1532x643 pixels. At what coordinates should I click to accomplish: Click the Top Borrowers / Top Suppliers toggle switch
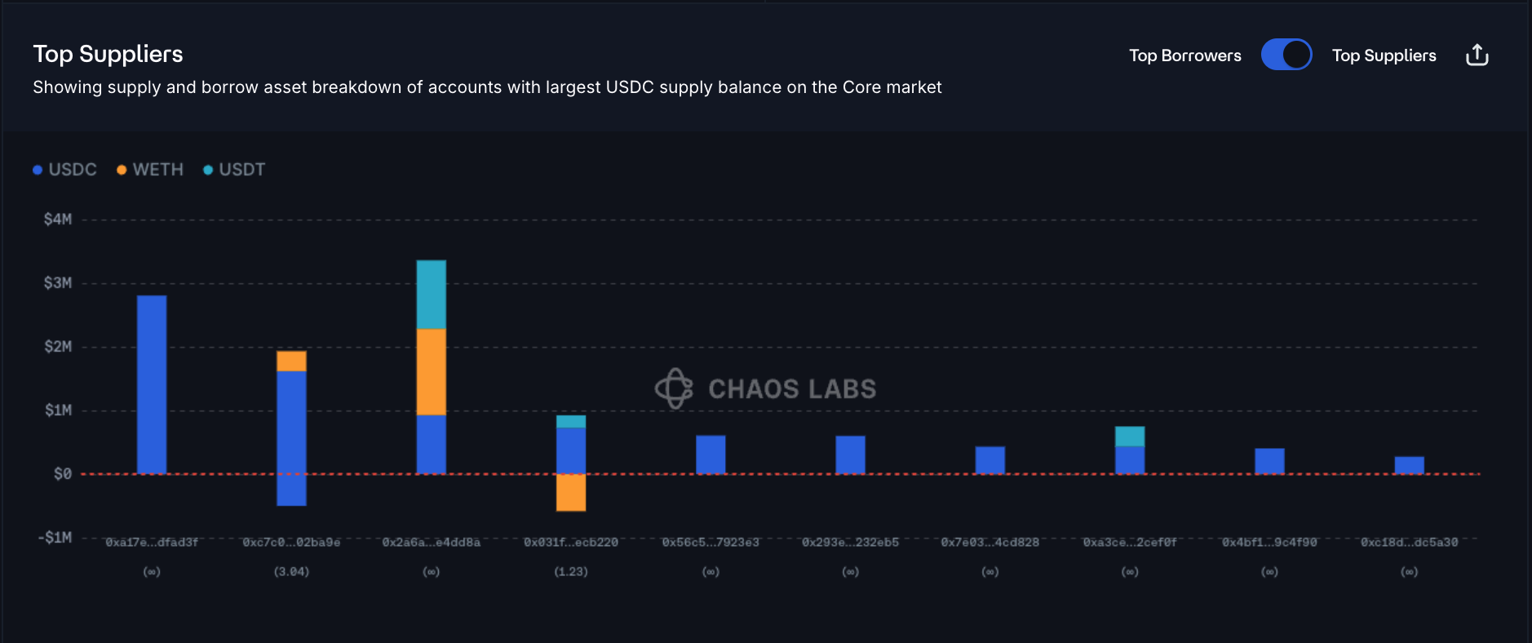(1286, 55)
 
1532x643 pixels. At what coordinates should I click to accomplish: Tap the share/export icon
(1477, 55)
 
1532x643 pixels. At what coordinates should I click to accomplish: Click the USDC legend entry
(65, 170)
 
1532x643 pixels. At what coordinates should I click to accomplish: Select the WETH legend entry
(150, 170)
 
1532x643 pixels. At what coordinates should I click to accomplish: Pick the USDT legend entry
(234, 170)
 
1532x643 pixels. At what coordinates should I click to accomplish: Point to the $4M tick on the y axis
(58, 220)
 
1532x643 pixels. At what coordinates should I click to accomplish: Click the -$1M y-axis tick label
(55, 538)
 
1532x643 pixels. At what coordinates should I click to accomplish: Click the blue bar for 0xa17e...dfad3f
(152, 384)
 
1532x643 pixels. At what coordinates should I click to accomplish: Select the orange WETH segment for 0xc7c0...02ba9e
(291, 361)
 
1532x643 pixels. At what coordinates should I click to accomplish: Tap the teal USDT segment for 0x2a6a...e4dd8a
(431, 295)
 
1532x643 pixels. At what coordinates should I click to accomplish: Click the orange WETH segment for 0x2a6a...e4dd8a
(431, 371)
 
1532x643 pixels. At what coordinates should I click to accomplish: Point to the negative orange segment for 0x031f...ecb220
(571, 493)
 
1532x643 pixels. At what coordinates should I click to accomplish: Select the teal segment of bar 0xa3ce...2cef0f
(1130, 436)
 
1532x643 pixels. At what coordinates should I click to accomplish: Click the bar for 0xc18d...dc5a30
(1409, 465)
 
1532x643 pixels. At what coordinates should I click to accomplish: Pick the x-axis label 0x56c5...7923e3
(711, 543)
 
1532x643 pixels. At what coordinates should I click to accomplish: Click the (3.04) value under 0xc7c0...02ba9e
(291, 572)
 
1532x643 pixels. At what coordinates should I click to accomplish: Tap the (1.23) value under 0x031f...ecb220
(571, 572)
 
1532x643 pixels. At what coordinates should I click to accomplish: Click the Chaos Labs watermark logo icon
(674, 388)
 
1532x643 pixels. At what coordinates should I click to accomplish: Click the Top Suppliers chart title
(108, 54)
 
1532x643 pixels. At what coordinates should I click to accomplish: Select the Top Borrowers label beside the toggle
(1184, 55)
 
